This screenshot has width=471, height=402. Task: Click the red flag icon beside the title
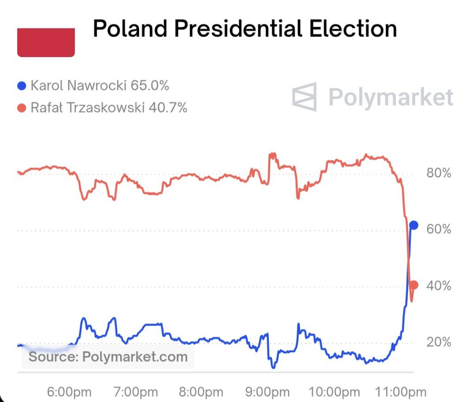[x=46, y=43]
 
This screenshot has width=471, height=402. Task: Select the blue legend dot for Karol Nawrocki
[x=21, y=86]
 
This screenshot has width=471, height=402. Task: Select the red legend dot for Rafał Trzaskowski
[x=21, y=108]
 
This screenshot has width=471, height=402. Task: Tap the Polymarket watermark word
[x=390, y=97]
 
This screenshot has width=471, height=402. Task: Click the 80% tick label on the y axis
[x=439, y=174]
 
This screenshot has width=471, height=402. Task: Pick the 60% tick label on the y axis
[x=439, y=229]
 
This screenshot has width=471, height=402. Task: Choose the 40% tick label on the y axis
[x=439, y=286]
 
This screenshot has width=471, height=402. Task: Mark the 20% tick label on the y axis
[x=439, y=342]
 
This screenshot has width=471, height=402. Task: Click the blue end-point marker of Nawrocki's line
[x=414, y=225]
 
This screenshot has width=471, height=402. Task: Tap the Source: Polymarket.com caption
[x=108, y=357]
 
